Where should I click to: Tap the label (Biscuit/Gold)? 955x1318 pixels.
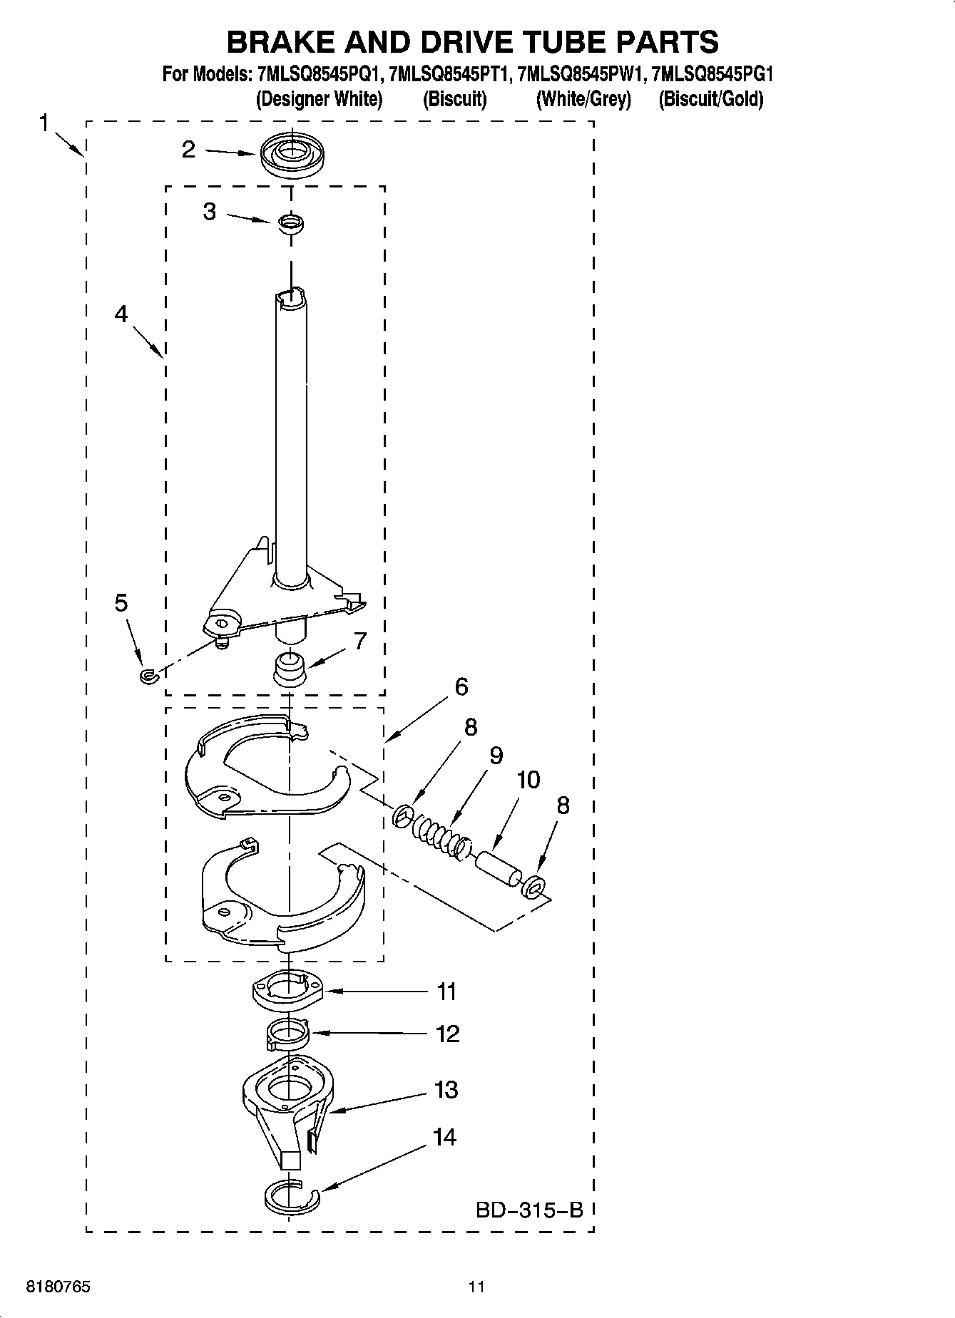click(x=710, y=99)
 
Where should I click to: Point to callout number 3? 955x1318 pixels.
click(x=209, y=212)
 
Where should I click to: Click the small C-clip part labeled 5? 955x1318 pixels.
click(x=148, y=674)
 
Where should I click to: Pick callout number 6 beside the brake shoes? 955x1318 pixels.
click(x=461, y=687)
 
